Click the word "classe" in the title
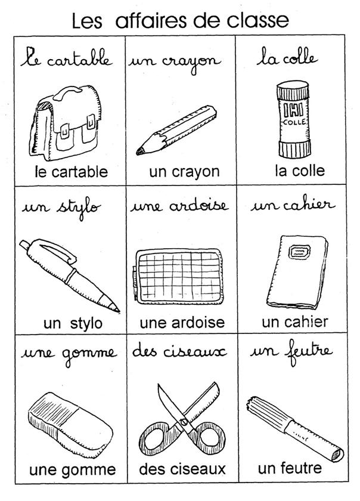tap(258, 20)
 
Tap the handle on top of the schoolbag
tap(67, 92)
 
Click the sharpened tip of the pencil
tap(139, 151)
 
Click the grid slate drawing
tap(178, 276)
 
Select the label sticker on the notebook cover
tap(299, 252)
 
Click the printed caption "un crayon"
tap(184, 172)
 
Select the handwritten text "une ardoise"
tap(179, 206)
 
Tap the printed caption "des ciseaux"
tap(182, 469)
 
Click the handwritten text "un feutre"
tap(291, 352)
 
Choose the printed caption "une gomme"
tap(73, 470)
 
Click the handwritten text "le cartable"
tap(66, 58)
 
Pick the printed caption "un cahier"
tap(295, 322)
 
